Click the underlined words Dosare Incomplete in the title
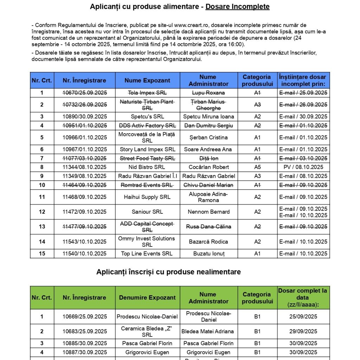click(x=237, y=6)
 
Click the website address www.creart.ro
click(x=195, y=25)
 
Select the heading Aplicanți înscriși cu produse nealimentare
click(x=168, y=272)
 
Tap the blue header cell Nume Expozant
click(x=147, y=81)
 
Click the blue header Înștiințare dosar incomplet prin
click(x=303, y=81)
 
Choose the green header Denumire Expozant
click(x=147, y=297)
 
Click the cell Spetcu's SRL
click(x=147, y=117)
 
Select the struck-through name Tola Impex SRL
click(x=147, y=93)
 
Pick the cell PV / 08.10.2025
click(x=303, y=167)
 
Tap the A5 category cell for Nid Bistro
click(x=257, y=167)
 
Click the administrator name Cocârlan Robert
click(x=209, y=167)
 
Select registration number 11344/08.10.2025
click(x=85, y=167)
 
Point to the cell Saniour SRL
click(x=147, y=212)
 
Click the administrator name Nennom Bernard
click(x=209, y=212)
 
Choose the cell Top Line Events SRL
click(x=147, y=253)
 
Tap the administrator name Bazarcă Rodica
click(x=209, y=242)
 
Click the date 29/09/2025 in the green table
click(x=303, y=331)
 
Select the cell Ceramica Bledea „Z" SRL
click(x=147, y=331)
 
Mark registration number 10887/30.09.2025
click(x=85, y=352)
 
